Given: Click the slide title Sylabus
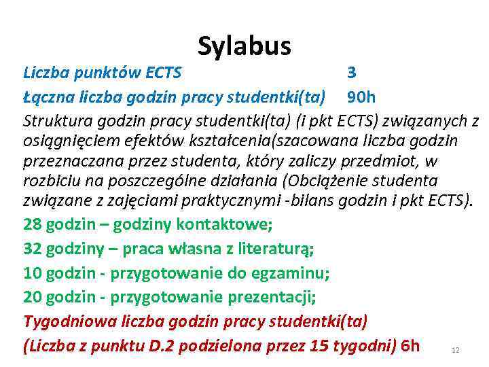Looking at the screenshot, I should pos(244,46).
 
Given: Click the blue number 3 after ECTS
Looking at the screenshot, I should pos(351,72).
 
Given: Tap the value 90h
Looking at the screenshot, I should pos(366,97).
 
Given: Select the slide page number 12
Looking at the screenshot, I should pos(456,350).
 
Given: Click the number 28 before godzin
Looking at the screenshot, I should pos(33,224).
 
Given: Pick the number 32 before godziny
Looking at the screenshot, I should pos(33,249).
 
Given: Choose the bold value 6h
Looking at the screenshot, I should pos(411,346).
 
